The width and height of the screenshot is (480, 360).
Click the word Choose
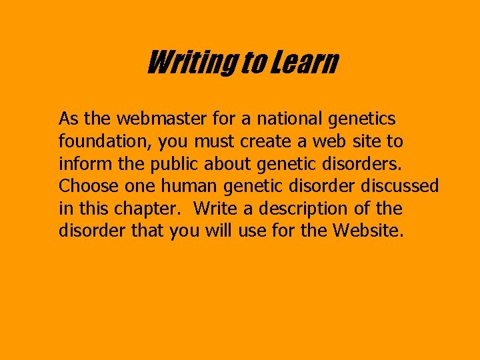pyautogui.click(x=85, y=187)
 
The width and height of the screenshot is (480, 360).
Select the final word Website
pyautogui.click(x=369, y=231)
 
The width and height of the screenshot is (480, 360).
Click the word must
pyautogui.click(x=215, y=142)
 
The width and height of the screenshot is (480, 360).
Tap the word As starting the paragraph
pyautogui.click(x=69, y=119)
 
